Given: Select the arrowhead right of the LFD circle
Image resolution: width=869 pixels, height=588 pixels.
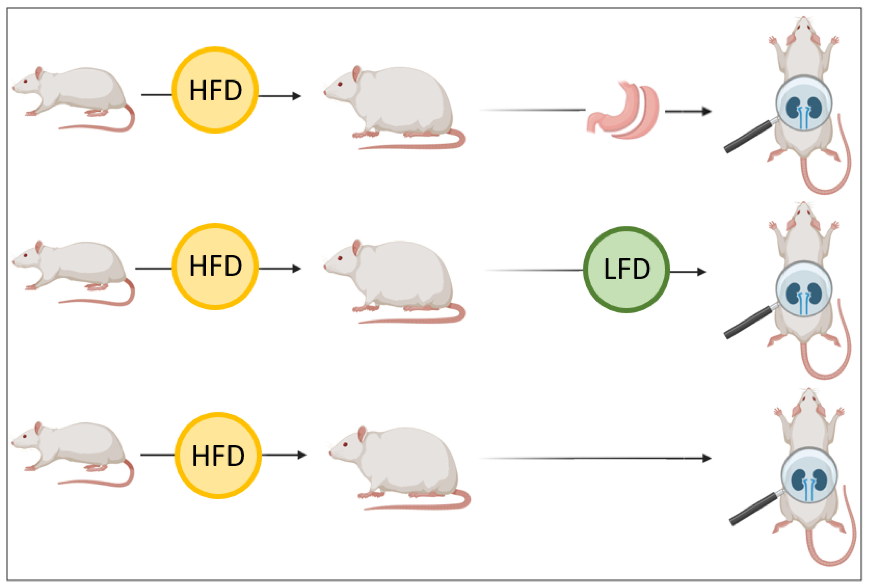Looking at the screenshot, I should (x=701, y=272).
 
